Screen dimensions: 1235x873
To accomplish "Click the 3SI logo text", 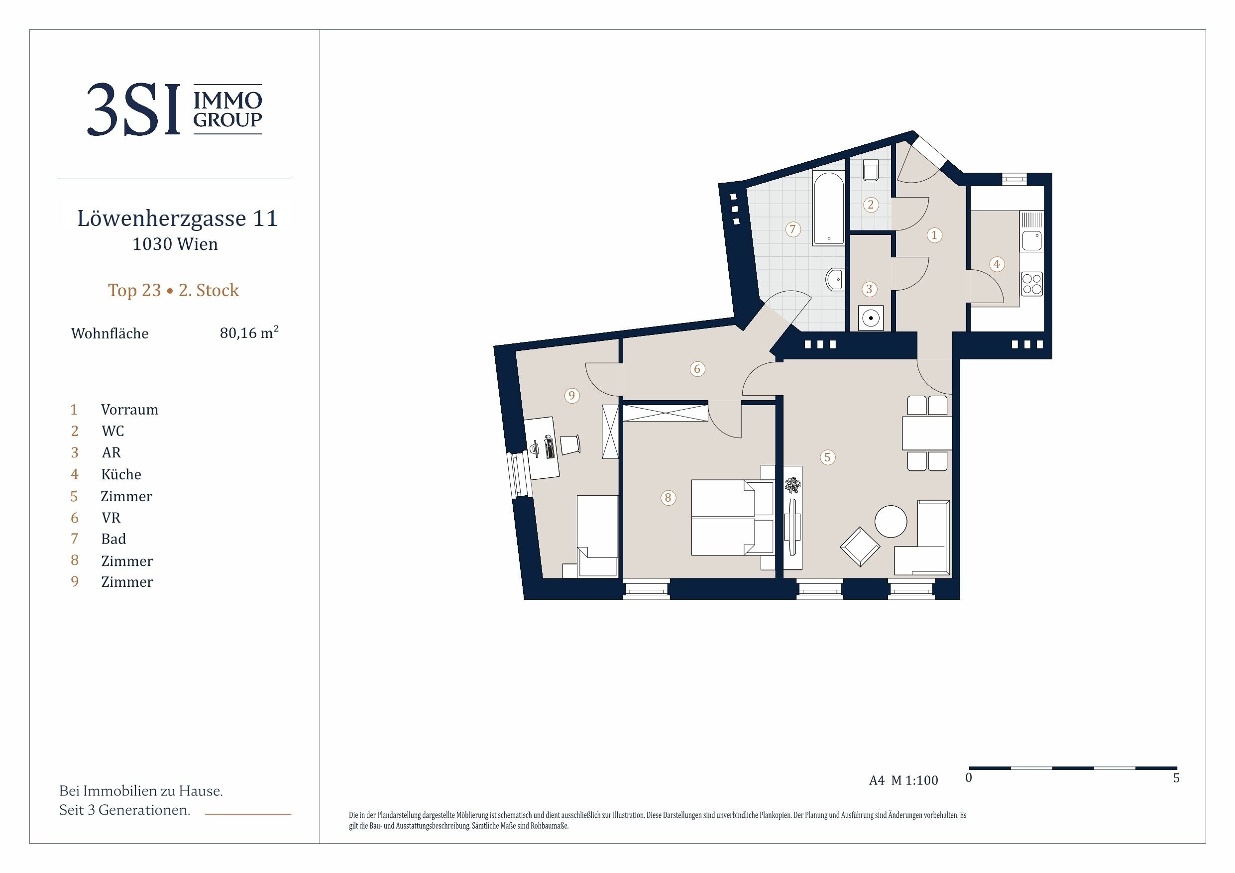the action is pyautogui.click(x=133, y=109).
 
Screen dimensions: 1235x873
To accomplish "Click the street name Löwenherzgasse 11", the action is pyautogui.click(x=177, y=218).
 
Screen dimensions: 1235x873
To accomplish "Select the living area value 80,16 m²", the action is pyautogui.click(x=249, y=332).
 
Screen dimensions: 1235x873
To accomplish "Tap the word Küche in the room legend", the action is pyautogui.click(x=121, y=474).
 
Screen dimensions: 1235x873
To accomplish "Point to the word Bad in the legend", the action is pyautogui.click(x=113, y=539).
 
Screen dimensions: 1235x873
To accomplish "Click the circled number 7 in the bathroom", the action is pyautogui.click(x=792, y=229).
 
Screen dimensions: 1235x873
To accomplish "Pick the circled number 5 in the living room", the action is pyautogui.click(x=827, y=457).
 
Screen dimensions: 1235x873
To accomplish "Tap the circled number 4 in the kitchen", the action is pyautogui.click(x=997, y=264).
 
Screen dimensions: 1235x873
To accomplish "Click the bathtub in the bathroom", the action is pyautogui.click(x=828, y=208).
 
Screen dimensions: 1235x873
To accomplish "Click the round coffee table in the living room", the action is pyautogui.click(x=891, y=521).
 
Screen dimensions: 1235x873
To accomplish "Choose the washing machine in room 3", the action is pyautogui.click(x=870, y=318).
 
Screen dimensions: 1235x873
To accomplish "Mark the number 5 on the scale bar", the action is pyautogui.click(x=1176, y=778).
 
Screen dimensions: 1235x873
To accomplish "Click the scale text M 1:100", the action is pyautogui.click(x=914, y=780).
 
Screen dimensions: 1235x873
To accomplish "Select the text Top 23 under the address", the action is pyautogui.click(x=134, y=290).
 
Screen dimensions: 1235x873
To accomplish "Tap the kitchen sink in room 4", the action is pyautogui.click(x=1032, y=240).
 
